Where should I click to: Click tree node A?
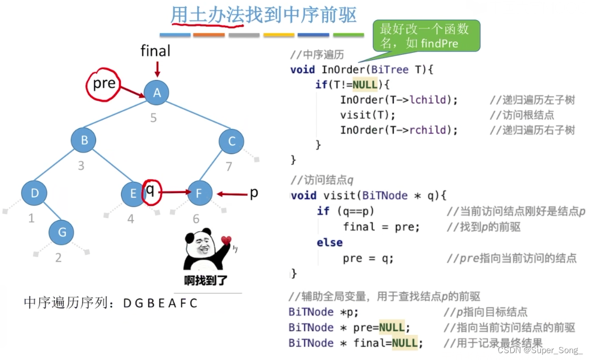click(157, 93)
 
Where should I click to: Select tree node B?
click(84, 140)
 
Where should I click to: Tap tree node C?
click(231, 141)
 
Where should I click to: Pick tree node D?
click(35, 193)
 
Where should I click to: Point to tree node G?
click(62, 232)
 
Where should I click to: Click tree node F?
click(199, 193)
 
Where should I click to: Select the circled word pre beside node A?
click(104, 84)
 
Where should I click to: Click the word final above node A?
click(155, 51)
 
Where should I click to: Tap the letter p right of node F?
click(254, 192)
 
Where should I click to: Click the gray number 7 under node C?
click(229, 167)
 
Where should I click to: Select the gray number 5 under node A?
click(153, 118)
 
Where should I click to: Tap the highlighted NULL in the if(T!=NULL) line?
click(365, 85)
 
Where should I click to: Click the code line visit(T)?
click(367, 115)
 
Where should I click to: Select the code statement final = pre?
click(381, 227)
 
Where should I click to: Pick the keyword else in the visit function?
click(330, 242)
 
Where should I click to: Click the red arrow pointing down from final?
click(157, 69)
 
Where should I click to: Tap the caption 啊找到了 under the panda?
click(206, 280)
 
